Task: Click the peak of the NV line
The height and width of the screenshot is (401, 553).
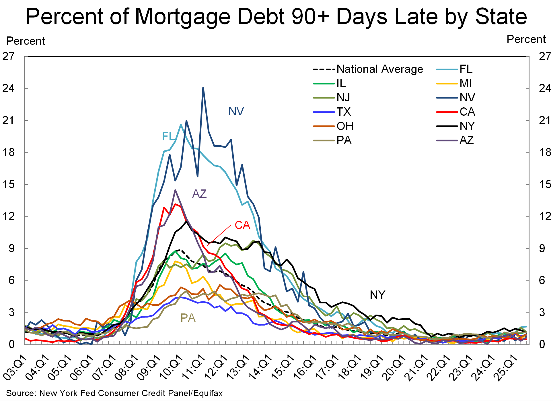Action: click(x=203, y=88)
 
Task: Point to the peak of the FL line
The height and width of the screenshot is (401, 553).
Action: click(x=181, y=125)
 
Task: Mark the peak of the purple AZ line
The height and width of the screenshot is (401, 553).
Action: click(x=175, y=190)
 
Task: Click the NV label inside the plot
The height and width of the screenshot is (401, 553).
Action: click(x=236, y=111)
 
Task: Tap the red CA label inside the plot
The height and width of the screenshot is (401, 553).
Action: click(x=242, y=225)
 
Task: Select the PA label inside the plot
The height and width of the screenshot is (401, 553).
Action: click(x=188, y=318)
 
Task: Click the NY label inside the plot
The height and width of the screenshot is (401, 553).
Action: click(x=377, y=295)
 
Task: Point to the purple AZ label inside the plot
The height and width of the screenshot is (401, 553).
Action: click(x=199, y=194)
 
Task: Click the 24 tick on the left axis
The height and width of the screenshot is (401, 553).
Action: click(x=9, y=88)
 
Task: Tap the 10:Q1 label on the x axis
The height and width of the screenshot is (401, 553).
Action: click(x=171, y=367)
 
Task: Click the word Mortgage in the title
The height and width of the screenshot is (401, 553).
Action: click(x=182, y=17)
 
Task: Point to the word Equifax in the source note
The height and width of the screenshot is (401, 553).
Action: click(x=208, y=393)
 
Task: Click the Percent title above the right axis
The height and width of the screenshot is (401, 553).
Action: click(x=526, y=39)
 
